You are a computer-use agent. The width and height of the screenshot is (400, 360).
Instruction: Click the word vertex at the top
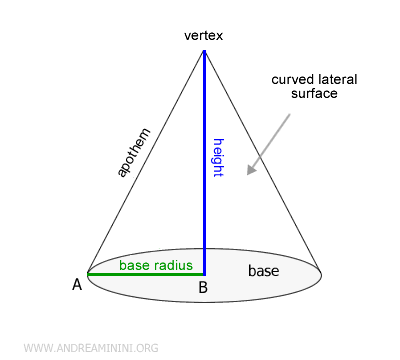[204, 36]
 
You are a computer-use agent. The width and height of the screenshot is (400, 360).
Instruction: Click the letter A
[76, 285]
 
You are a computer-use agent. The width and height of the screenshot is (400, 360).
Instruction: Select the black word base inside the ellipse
[264, 270]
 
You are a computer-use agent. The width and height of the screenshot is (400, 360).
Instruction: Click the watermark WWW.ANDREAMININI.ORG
[89, 348]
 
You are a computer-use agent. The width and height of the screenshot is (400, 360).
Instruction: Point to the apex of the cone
[204, 50]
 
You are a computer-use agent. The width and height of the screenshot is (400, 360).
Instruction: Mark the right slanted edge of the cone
[262, 160]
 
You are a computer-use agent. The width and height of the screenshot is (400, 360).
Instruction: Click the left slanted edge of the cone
[146, 160]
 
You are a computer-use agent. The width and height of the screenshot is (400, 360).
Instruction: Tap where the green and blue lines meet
[204, 273]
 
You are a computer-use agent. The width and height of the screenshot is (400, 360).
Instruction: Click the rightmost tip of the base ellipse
[320, 273]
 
